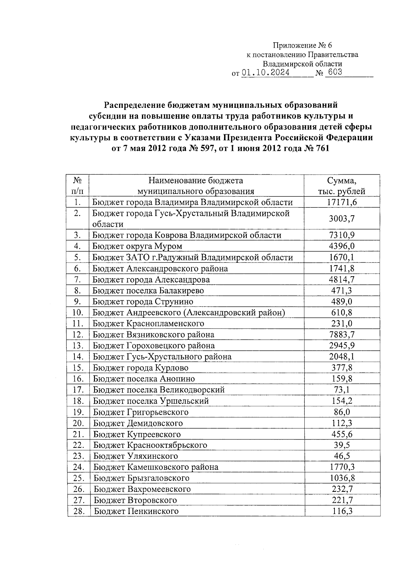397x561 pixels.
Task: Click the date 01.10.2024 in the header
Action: (x=266, y=72)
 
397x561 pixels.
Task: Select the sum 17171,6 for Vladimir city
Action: (x=342, y=202)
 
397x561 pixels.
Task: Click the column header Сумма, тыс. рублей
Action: (x=342, y=186)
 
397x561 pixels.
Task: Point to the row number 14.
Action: (x=77, y=357)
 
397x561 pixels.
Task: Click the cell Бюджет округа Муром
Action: (x=137, y=246)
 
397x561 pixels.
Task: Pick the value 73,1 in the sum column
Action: (x=342, y=390)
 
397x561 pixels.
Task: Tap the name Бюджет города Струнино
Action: (x=143, y=301)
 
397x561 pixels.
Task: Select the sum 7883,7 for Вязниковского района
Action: (x=342, y=334)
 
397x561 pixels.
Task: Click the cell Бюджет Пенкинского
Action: (x=136, y=511)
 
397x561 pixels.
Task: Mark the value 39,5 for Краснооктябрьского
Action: (x=342, y=445)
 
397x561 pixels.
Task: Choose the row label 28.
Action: (x=78, y=511)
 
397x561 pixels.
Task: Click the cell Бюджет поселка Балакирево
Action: (x=148, y=290)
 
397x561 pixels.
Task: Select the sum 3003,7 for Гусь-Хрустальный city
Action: (x=342, y=218)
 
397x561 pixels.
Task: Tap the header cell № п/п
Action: (x=77, y=186)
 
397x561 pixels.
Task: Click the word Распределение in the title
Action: (x=135, y=105)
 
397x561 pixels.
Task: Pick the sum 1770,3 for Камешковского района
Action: (x=342, y=467)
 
